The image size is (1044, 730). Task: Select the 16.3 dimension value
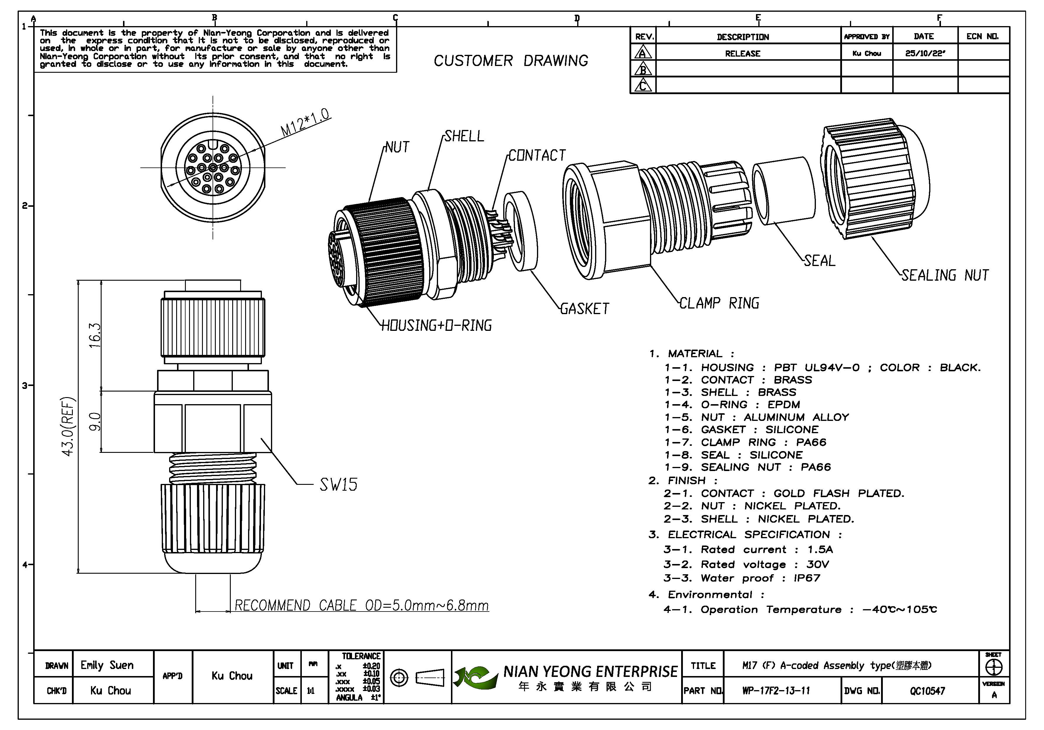coord(95,335)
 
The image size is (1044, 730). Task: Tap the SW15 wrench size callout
coord(338,485)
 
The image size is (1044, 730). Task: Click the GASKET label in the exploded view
coord(584,309)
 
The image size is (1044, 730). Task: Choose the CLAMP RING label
coord(719,303)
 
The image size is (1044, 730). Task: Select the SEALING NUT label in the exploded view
coord(945,275)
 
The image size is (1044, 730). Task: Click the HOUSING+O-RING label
coord(437,325)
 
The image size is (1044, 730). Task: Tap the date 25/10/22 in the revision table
coord(925,53)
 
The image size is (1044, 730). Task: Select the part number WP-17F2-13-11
coord(776,691)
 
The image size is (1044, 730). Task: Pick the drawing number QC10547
coord(927,691)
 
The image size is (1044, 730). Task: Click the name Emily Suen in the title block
coord(107,665)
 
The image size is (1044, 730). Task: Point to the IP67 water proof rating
coord(807,578)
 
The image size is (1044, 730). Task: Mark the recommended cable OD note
coord(361,606)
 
